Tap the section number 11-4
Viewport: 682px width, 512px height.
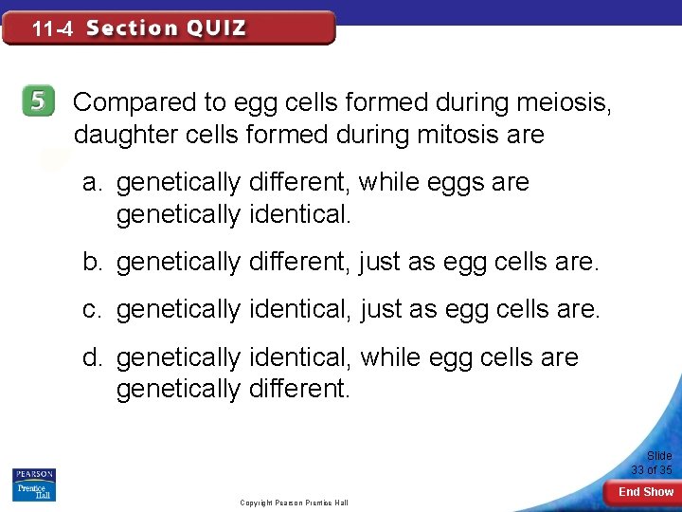(x=52, y=29)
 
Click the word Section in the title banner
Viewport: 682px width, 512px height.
(x=132, y=27)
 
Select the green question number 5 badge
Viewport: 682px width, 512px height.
(x=37, y=101)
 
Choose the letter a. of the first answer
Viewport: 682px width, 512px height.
(x=92, y=182)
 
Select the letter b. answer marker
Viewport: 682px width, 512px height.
(x=92, y=261)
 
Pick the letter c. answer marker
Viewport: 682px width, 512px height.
(x=92, y=309)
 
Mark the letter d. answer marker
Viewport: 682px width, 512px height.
(x=92, y=357)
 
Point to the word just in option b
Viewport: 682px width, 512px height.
(x=382, y=261)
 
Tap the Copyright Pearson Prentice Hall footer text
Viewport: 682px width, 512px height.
(x=294, y=503)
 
